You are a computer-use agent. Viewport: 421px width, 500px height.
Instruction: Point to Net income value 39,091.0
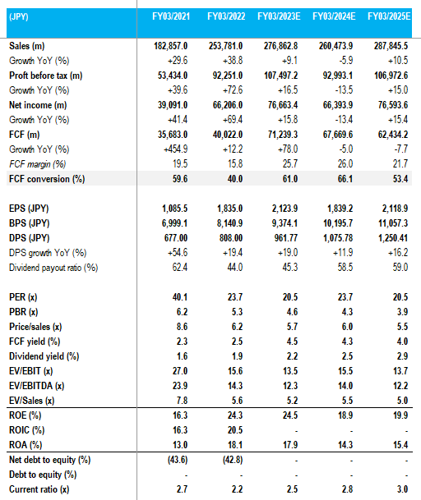pyautogui.click(x=169, y=104)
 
